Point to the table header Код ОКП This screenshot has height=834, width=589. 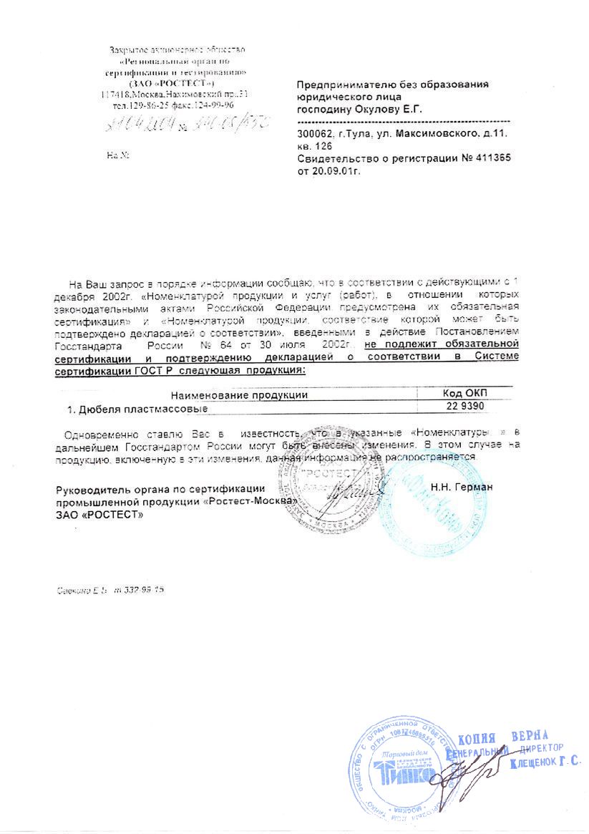point(464,394)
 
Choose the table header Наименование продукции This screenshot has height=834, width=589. point(238,394)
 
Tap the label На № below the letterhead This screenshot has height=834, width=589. point(117,155)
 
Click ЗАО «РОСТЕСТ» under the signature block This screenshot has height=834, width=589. point(99,515)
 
